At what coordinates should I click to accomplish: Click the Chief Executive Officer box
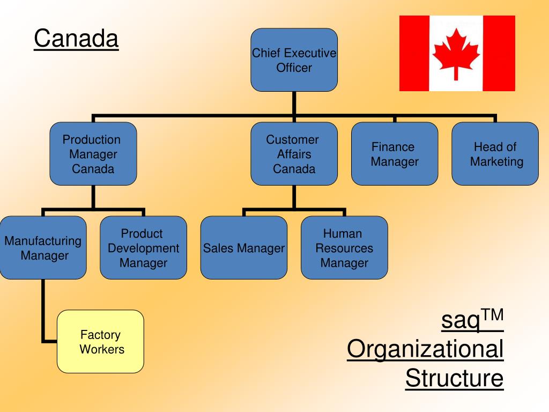(x=294, y=60)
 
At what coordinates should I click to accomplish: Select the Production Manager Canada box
(x=93, y=154)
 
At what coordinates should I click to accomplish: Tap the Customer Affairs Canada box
(x=294, y=154)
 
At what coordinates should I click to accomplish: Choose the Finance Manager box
(x=395, y=154)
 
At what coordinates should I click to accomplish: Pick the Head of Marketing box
(x=495, y=154)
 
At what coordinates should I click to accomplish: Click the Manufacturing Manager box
(x=43, y=248)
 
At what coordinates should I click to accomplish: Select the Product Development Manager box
(x=143, y=248)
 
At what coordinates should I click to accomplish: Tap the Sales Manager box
(x=244, y=248)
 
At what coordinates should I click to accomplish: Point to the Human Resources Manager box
(x=344, y=248)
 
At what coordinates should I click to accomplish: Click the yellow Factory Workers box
(x=100, y=342)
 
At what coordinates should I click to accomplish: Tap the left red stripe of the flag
(x=414, y=54)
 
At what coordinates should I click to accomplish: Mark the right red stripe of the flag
(x=499, y=54)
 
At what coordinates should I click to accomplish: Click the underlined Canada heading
(x=76, y=39)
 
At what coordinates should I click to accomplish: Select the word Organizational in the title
(x=425, y=350)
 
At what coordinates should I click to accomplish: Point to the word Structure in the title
(x=454, y=378)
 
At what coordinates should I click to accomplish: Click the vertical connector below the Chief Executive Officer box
(x=294, y=103)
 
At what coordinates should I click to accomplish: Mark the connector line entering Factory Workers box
(x=49, y=341)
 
